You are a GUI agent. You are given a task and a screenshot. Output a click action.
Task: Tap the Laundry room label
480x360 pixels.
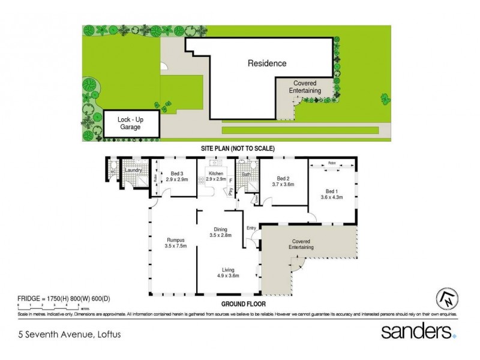133,170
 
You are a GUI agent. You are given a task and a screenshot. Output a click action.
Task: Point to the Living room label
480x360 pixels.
228,273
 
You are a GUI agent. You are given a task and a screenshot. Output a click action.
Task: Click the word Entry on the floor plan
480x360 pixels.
251,227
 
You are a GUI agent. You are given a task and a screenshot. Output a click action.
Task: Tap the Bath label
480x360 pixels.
246,175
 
